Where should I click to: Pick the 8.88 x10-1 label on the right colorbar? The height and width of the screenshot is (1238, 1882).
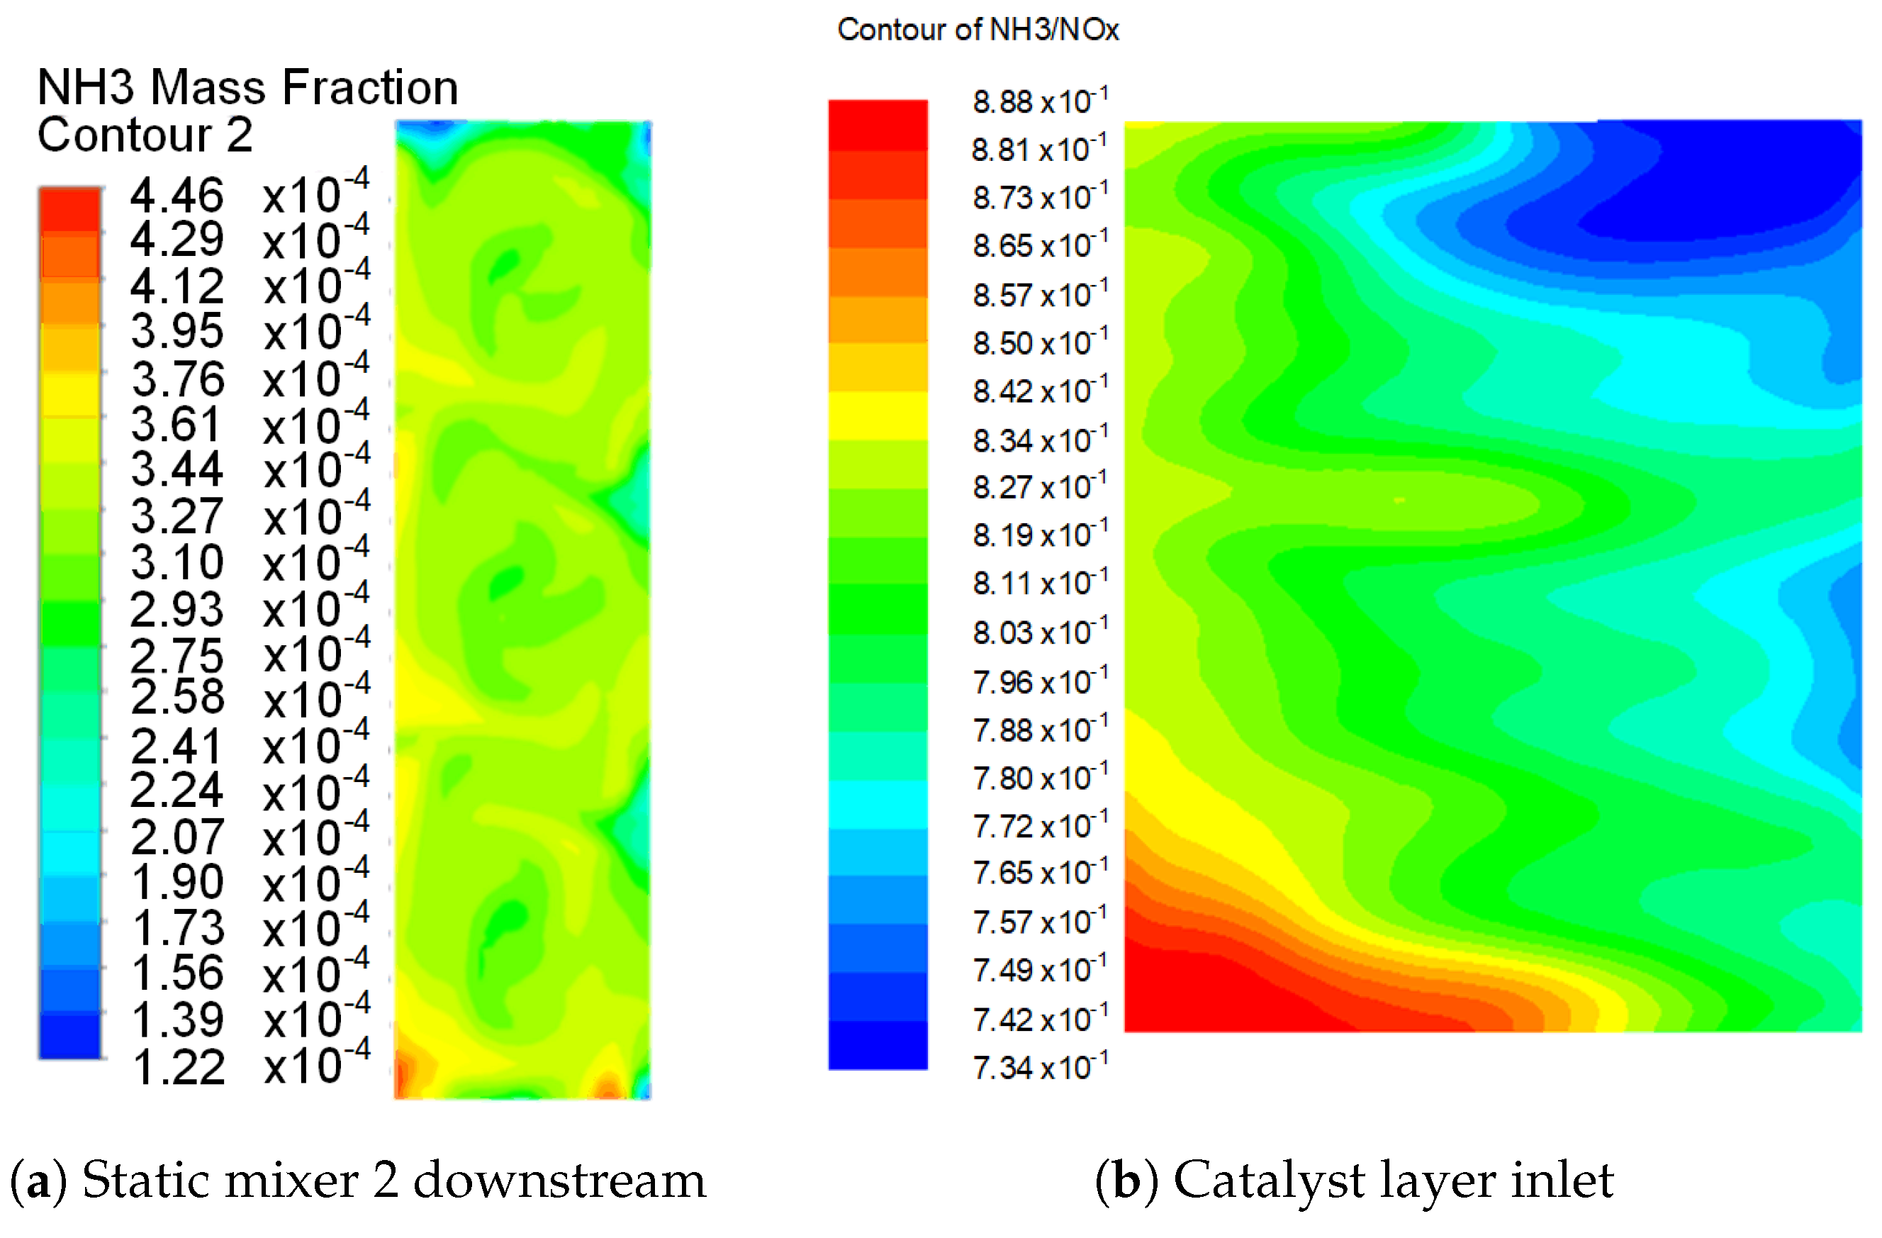tap(1039, 101)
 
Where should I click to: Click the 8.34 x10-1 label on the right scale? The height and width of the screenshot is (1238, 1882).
tap(1039, 440)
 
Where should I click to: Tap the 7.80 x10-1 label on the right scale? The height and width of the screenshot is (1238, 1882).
tap(1039, 779)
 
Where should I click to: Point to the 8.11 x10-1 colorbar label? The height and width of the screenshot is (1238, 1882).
tap(1039, 584)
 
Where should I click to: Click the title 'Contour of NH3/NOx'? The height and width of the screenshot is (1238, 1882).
tap(978, 29)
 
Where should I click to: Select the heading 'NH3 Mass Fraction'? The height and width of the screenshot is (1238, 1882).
tap(247, 87)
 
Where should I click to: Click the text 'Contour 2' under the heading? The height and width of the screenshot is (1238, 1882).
tap(145, 135)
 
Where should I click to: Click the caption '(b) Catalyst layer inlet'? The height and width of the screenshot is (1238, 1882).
tap(1354, 1181)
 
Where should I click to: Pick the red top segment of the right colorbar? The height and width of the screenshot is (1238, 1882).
tap(878, 124)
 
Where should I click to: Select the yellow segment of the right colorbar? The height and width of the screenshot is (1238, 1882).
tap(878, 416)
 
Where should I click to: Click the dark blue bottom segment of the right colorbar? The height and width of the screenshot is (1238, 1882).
tap(878, 1045)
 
